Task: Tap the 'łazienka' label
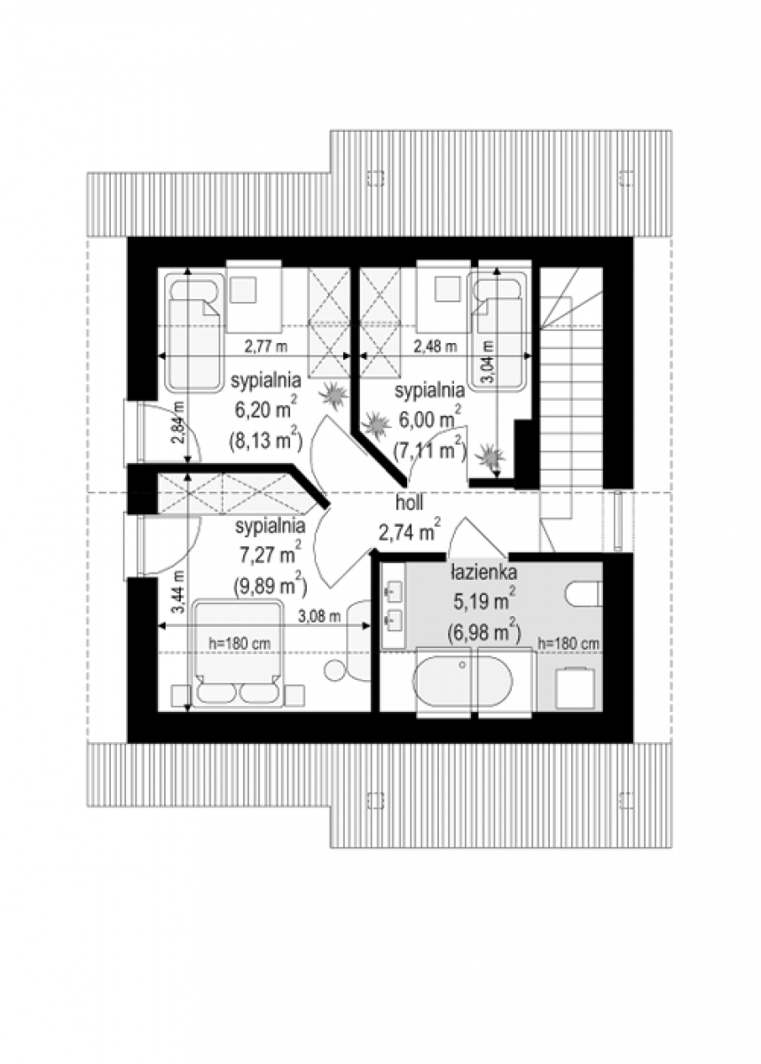(483, 573)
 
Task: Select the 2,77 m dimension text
(266, 347)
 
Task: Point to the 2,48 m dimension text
(435, 347)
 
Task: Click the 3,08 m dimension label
(319, 616)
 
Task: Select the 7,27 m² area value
(271, 553)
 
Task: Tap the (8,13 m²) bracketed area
(265, 440)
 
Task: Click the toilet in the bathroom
(584, 593)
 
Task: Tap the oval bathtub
(462, 684)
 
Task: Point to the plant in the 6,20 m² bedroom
(334, 395)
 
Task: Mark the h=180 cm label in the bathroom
(569, 644)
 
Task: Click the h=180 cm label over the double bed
(239, 644)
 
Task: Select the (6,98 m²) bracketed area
(484, 631)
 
